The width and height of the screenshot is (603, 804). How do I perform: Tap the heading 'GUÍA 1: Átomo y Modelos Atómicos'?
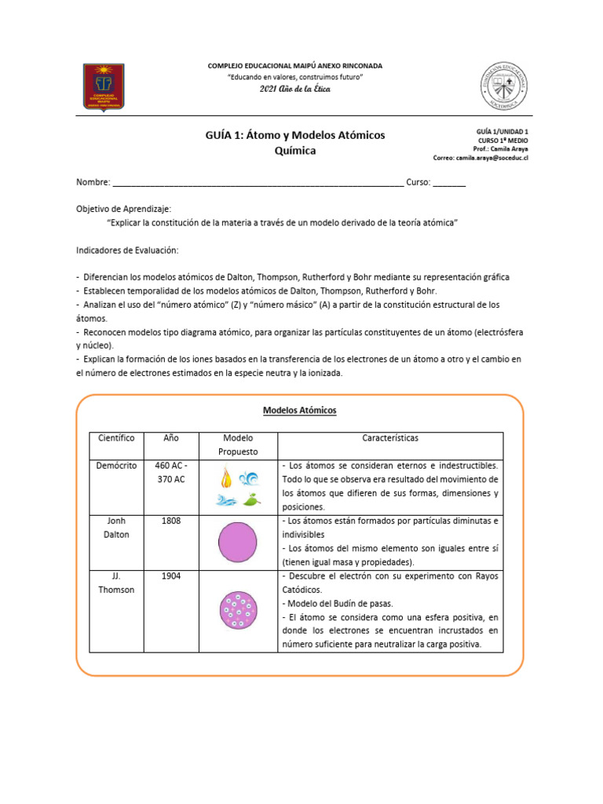295,135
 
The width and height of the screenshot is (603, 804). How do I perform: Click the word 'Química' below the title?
295,151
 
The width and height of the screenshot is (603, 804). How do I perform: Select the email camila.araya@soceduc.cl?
492,157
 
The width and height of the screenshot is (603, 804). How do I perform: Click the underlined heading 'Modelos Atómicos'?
299,410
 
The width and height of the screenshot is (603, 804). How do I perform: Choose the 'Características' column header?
390,438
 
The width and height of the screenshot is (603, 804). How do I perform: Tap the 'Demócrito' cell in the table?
117,466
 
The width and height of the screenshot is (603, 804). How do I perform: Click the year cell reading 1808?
171,521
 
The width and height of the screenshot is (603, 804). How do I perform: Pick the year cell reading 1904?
171,576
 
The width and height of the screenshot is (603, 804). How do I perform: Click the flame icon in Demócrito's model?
226,477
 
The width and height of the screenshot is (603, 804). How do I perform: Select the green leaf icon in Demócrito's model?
251,499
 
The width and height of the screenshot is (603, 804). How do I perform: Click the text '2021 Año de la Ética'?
295,90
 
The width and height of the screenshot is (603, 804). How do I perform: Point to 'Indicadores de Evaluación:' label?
127,250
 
